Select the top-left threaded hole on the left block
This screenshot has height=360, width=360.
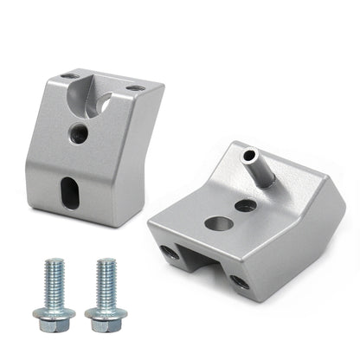70,76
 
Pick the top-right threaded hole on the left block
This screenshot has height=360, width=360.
134,88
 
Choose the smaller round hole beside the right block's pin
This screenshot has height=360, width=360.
246,206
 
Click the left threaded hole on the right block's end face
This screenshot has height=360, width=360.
168,252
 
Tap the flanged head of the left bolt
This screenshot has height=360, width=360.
53,313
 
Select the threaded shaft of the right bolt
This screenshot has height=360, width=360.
107,282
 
